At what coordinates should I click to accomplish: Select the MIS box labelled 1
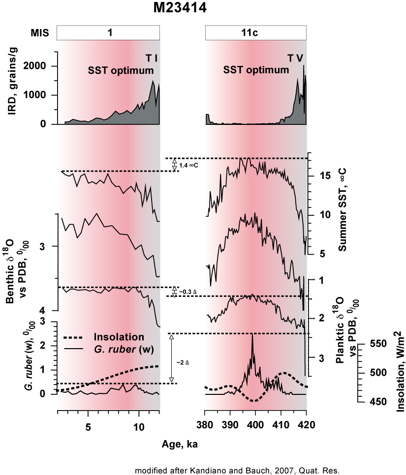point(108,33)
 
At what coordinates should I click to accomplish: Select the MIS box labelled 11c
point(255,33)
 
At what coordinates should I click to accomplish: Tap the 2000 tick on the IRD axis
point(42,66)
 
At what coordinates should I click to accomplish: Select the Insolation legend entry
point(118,337)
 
